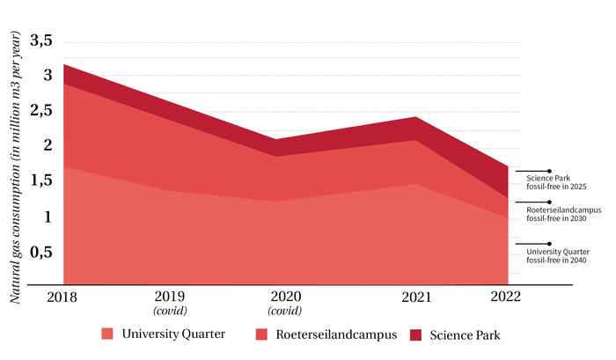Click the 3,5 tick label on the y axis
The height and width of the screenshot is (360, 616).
40,40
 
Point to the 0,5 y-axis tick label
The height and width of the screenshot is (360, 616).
40,252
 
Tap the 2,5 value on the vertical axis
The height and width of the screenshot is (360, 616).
40,111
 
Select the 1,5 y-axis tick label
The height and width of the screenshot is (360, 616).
40,181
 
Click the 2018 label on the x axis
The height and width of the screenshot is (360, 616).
63,297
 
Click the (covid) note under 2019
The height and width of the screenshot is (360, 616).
170,311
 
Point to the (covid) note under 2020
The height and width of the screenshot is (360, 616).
284,311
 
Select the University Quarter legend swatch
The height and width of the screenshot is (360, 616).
107,334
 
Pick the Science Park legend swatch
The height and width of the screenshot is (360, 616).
416,334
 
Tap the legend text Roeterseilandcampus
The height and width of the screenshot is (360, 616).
336,334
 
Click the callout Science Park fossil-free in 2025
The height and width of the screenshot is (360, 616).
550,183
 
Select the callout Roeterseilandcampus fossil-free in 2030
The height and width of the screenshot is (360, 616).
562,215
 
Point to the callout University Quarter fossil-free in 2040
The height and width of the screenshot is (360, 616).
552,256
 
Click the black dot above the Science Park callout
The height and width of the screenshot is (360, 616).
549,171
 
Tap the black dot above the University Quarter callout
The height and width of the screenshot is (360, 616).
549,244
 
